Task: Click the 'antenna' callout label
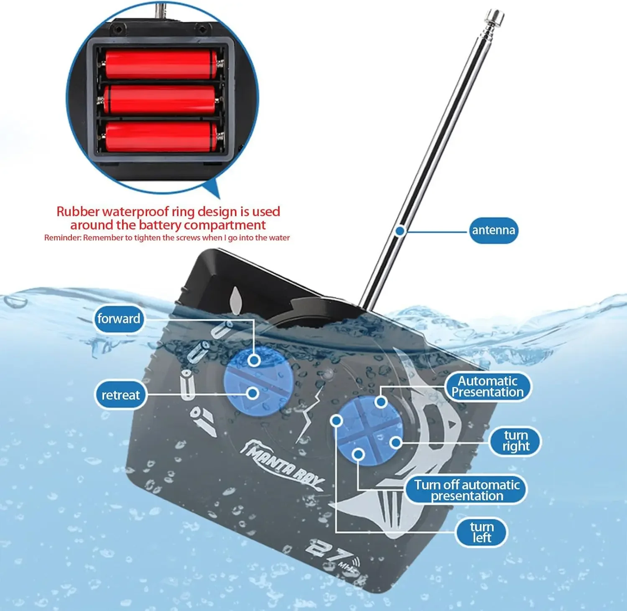493,230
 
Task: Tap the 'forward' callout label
119,319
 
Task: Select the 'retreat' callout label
120,395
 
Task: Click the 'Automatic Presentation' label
487,387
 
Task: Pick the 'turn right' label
515,441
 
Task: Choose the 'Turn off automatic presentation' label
466,490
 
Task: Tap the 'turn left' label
481,532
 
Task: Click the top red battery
161,64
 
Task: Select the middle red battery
160,99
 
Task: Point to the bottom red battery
161,136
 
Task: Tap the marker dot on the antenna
400,231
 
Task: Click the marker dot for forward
253,360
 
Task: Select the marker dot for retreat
252,393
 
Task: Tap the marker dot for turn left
336,420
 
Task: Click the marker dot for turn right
395,443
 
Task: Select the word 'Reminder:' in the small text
63,238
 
